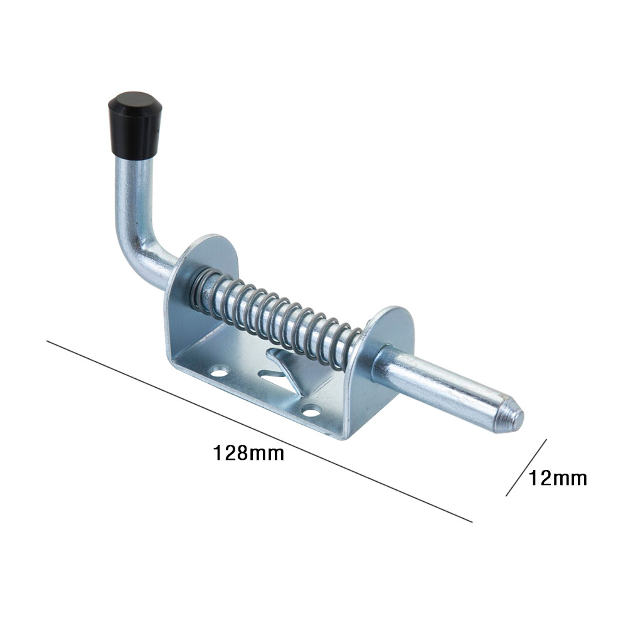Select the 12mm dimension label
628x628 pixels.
click(558, 478)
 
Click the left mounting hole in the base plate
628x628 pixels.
click(219, 373)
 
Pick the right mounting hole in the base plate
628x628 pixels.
click(311, 411)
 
